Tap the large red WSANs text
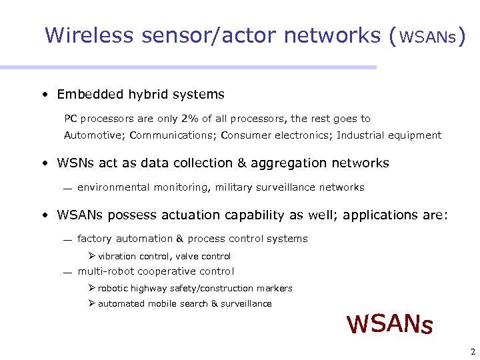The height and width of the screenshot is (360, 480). point(390,324)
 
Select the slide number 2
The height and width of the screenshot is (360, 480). point(472,352)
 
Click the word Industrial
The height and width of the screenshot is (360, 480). point(357,135)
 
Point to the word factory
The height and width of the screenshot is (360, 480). point(95,239)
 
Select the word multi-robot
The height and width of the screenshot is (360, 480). point(107,271)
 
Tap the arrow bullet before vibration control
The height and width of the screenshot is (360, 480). point(92,256)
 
